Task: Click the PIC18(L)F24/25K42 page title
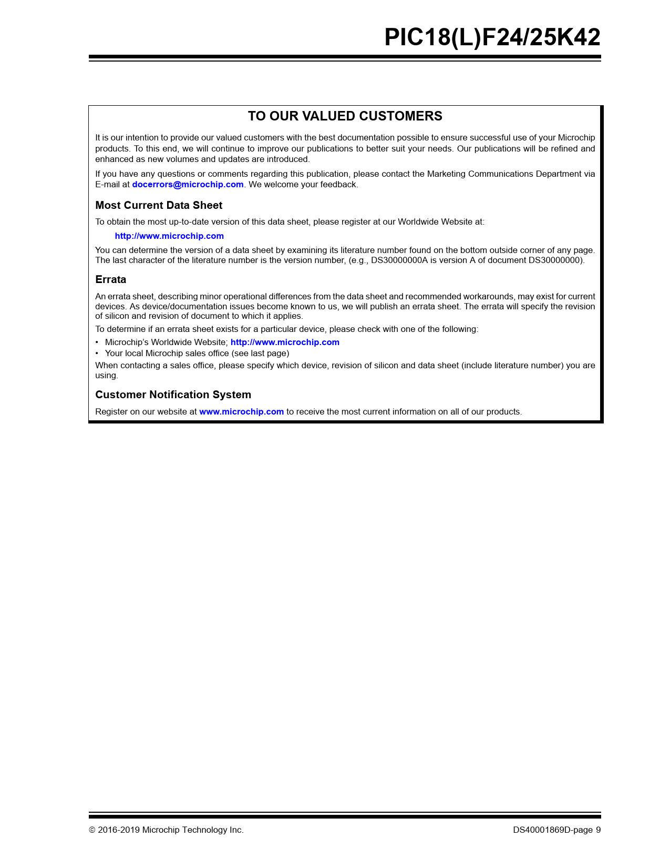coord(492,37)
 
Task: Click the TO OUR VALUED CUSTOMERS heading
coord(345,116)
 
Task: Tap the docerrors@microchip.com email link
coord(188,185)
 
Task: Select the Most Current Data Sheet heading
coord(159,205)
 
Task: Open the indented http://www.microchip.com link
coord(169,236)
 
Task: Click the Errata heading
coord(110,279)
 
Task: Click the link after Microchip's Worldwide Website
coord(285,342)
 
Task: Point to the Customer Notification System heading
coord(173,395)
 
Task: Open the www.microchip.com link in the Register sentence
coord(241,412)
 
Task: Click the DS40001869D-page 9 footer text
coord(556,830)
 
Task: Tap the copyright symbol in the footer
coord(92,830)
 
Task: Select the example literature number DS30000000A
coord(399,260)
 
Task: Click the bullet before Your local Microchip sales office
coord(97,354)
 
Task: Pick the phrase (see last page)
coord(260,354)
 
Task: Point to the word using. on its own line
coord(107,376)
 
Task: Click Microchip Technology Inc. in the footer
coord(193,830)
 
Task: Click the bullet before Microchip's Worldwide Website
coord(97,342)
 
